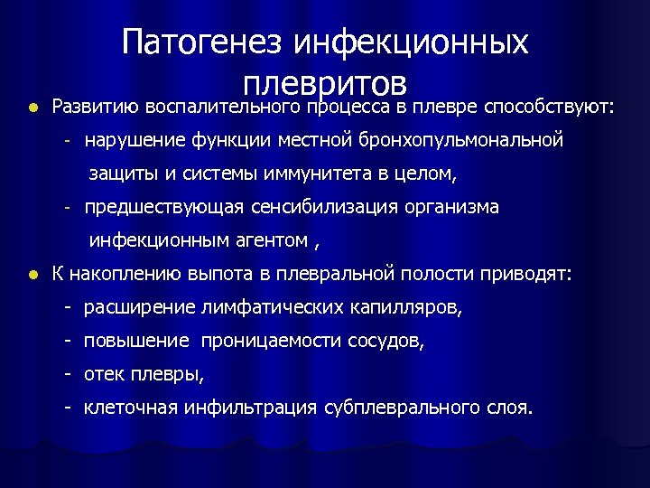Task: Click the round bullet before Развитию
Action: [x=32, y=108]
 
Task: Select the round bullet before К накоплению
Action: [x=32, y=275]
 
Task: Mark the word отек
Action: [x=106, y=374]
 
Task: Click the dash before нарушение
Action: [x=67, y=141]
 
